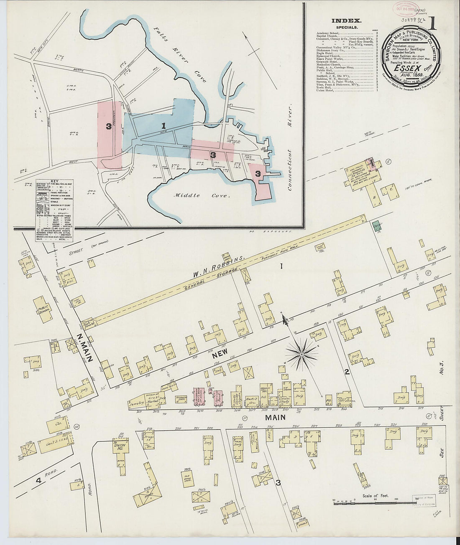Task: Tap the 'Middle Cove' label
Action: [193, 195]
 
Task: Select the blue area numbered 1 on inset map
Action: [164, 125]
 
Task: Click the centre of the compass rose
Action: [301, 354]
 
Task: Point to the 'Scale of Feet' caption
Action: [374, 496]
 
